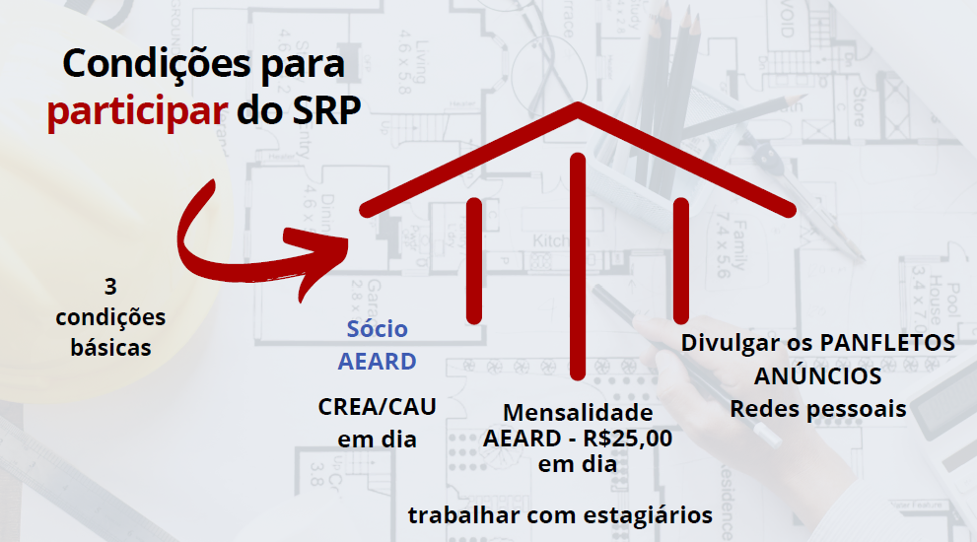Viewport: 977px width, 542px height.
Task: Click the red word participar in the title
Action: coord(137,112)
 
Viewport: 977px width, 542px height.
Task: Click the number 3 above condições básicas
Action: coord(110,287)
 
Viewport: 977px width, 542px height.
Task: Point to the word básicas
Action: coord(110,348)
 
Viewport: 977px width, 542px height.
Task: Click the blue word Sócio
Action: coord(377,328)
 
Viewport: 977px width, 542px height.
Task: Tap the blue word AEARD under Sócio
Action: coord(377,362)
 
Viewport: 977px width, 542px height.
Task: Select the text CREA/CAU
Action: coord(377,407)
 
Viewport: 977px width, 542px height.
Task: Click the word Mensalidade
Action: coord(578,413)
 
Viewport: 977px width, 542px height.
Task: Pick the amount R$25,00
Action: coord(628,439)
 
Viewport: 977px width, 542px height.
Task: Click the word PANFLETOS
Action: coord(886,343)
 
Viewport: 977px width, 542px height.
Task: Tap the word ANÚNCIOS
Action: coord(817,375)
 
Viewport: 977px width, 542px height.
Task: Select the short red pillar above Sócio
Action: coord(474,261)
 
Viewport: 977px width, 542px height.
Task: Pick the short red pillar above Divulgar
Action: coord(681,261)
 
